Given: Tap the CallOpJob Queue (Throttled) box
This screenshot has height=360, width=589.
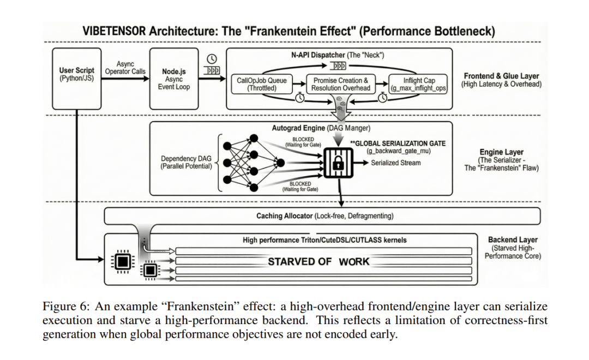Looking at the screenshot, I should point(262,84).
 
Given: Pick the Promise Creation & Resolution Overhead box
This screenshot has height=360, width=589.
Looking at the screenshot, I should point(341,84).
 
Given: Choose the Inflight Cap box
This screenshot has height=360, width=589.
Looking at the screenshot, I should point(418,84).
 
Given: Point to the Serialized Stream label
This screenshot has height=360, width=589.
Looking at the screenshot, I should point(396,163).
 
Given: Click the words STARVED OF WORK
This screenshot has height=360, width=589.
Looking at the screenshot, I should point(318,262).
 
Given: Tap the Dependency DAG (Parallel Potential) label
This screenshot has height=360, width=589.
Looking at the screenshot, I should point(186,163).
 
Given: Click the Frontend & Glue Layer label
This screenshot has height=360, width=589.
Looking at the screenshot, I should point(501,80).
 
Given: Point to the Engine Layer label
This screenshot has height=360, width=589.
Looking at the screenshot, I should point(501,160).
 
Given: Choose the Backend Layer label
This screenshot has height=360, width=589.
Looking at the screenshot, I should point(513,248).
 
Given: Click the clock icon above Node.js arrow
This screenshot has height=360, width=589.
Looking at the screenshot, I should point(212,59).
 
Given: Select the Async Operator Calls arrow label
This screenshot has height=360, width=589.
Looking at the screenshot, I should point(125,68).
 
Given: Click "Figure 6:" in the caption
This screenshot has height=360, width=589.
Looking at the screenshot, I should point(63,307).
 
